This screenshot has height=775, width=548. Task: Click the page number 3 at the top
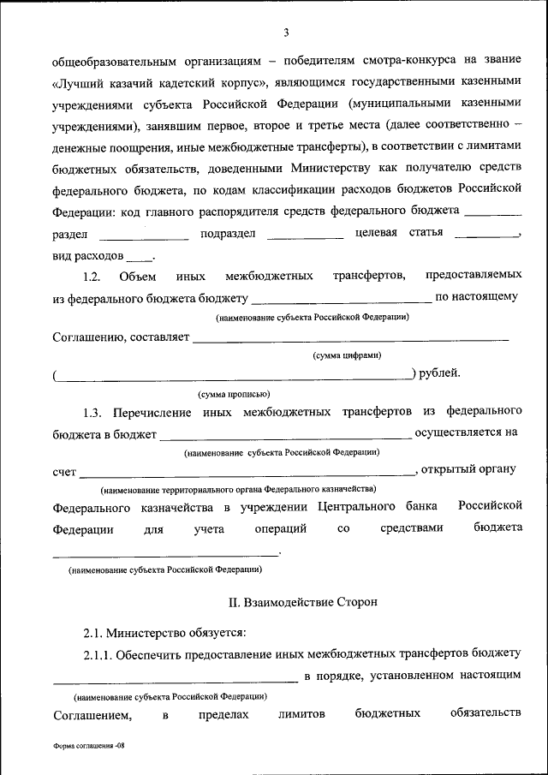pyautogui.click(x=287, y=33)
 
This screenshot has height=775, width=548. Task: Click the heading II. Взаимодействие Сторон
pyautogui.click(x=302, y=602)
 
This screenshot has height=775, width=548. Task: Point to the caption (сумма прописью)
pyautogui.click(x=234, y=394)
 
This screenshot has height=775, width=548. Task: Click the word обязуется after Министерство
pyautogui.click(x=215, y=633)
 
